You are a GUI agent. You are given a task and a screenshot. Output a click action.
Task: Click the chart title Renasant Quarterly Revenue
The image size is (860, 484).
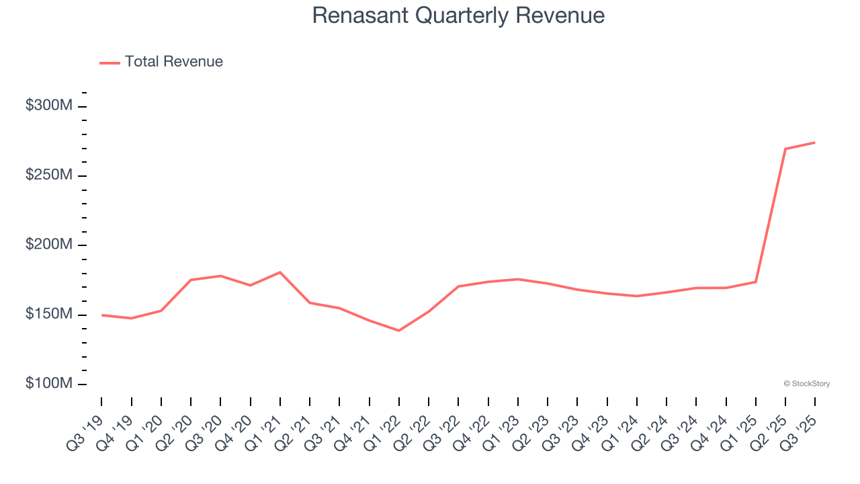(x=458, y=16)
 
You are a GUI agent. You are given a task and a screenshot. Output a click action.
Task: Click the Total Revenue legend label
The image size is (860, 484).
(x=173, y=62)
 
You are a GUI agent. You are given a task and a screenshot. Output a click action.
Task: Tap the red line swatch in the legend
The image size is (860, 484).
(x=110, y=63)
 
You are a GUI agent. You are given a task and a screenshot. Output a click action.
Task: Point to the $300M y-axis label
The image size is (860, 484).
(x=49, y=106)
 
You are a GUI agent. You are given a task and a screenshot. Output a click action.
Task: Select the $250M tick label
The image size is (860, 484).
(x=49, y=175)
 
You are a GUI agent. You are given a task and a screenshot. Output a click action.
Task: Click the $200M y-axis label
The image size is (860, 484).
(x=49, y=245)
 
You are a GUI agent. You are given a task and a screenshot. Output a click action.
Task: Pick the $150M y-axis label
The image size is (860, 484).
(x=49, y=314)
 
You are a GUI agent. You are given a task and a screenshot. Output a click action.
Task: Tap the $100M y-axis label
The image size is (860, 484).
(x=49, y=383)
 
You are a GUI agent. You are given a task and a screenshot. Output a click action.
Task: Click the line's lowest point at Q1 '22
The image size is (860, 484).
(x=399, y=330)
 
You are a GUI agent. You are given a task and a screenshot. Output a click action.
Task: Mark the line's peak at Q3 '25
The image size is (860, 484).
(x=815, y=143)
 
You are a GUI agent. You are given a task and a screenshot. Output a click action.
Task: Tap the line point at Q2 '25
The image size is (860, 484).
(x=785, y=149)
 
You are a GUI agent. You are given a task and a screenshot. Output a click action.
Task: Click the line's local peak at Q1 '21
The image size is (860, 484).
(x=280, y=272)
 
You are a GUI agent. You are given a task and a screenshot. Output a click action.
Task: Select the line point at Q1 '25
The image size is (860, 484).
(x=756, y=282)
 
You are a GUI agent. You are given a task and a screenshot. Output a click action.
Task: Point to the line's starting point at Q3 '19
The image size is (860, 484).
(x=101, y=315)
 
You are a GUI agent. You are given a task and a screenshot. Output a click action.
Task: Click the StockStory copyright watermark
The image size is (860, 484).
(x=806, y=384)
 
